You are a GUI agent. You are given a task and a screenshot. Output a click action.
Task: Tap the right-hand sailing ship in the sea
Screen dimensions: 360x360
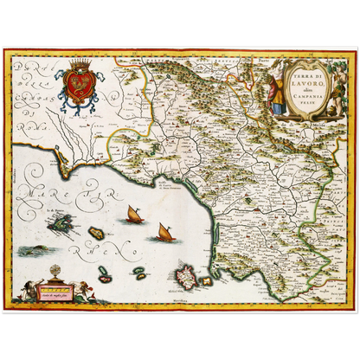point(164,231)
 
